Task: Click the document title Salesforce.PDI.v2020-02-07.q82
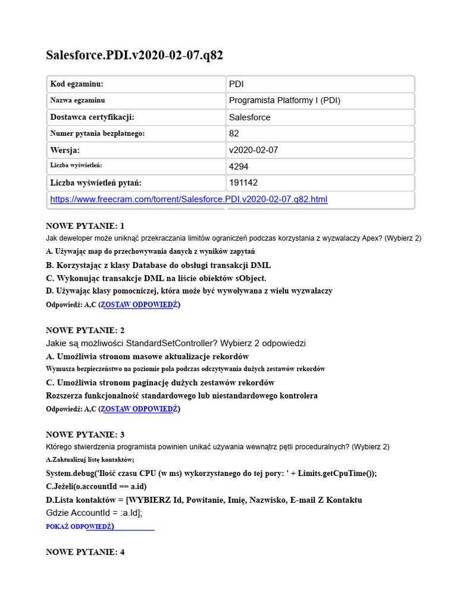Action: (x=135, y=55)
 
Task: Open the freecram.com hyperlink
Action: (x=189, y=200)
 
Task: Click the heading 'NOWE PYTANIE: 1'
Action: (x=85, y=226)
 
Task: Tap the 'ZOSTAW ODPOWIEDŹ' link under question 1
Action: (x=139, y=305)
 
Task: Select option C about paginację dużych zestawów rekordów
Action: (x=160, y=382)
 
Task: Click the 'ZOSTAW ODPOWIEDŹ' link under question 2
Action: (x=139, y=409)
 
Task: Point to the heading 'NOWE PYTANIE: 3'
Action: (x=85, y=435)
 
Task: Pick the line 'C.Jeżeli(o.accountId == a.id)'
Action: (x=96, y=487)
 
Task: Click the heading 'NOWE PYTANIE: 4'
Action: (x=85, y=552)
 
